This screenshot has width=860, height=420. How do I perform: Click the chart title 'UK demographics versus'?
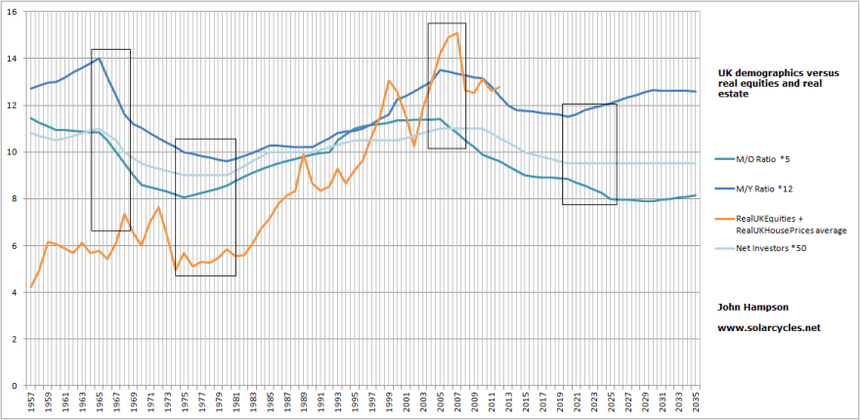[773, 72]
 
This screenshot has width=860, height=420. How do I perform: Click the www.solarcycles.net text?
[767, 327]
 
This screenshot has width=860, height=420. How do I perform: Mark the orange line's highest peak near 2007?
[456, 33]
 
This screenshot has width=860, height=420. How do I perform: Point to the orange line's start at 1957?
[31, 287]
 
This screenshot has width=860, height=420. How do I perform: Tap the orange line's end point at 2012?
[498, 88]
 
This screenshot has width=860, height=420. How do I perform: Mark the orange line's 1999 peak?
[389, 81]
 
